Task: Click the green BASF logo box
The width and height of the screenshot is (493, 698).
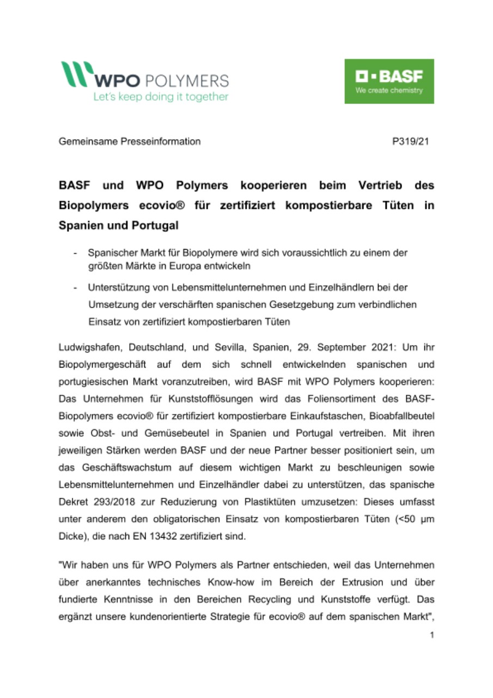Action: (389, 81)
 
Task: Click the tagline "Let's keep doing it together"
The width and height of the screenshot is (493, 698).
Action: (160, 97)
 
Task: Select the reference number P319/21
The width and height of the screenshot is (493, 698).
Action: (410, 142)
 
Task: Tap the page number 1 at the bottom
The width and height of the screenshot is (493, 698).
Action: (431, 635)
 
